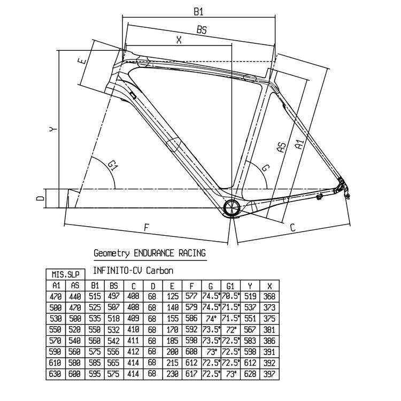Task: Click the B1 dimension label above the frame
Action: click(x=198, y=12)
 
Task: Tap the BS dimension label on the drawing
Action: click(x=202, y=30)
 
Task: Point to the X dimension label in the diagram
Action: click(x=179, y=40)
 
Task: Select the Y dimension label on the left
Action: click(x=53, y=130)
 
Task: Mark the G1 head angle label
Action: click(x=112, y=166)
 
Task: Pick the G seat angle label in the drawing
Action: click(x=265, y=168)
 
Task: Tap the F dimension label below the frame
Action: click(x=146, y=227)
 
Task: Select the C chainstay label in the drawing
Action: click(x=292, y=227)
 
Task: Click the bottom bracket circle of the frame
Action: click(x=232, y=207)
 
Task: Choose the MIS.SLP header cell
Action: click(x=65, y=275)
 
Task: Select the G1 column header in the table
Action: click(x=230, y=286)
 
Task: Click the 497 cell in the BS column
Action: click(x=113, y=296)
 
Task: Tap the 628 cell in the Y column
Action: click(x=250, y=374)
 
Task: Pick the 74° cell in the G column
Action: click(x=211, y=319)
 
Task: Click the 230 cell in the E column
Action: click(x=172, y=374)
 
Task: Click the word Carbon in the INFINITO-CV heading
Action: click(x=159, y=271)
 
